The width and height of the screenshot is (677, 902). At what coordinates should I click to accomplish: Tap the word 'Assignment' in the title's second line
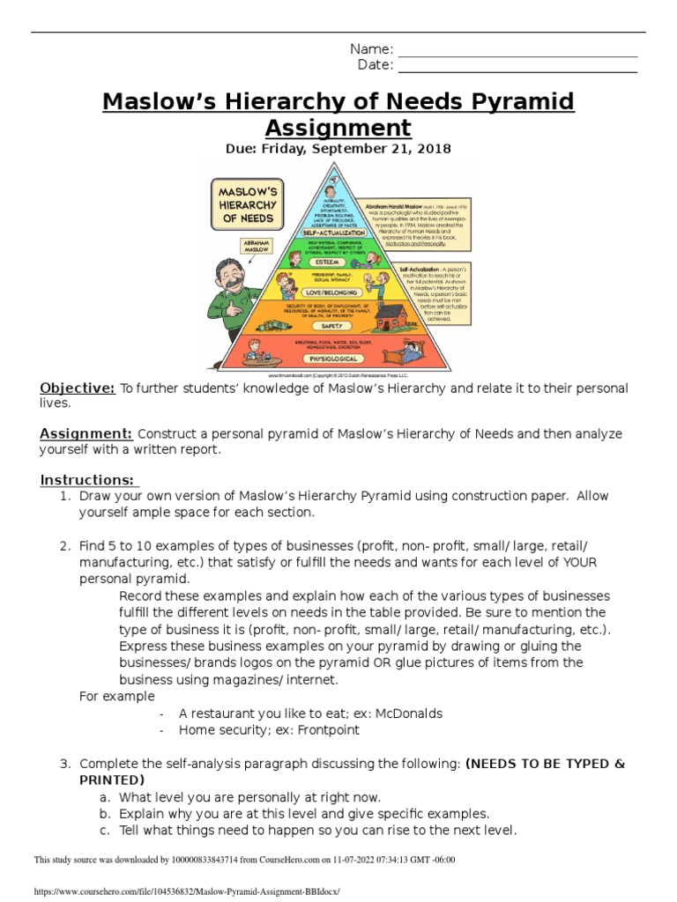coord(338,128)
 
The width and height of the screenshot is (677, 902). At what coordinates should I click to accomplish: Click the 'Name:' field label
coord(371,49)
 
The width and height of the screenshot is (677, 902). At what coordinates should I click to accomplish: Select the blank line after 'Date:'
coord(517,66)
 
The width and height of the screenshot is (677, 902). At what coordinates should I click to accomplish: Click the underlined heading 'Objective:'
coord(78,388)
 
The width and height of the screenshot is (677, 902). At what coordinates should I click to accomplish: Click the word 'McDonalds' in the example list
coord(407,713)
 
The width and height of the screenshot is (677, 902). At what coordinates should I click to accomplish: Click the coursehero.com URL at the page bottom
coord(186,891)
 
